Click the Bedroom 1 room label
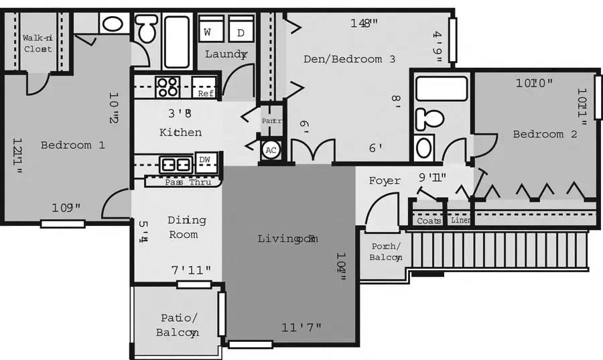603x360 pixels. pos(72,145)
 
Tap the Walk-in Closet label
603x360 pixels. pos(38,44)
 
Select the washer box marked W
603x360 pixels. pos(208,32)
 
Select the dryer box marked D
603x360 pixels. pos(241,32)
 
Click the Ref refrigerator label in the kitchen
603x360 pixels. pos(205,94)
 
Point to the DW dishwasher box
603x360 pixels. pos(205,160)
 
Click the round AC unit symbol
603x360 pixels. pos(271,150)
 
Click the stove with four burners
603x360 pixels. pos(167,87)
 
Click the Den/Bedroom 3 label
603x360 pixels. pos(349,59)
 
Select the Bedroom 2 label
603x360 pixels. pos(545,134)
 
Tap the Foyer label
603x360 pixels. pos(385,181)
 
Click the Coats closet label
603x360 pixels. pos(429,221)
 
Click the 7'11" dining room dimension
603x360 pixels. pos(191,270)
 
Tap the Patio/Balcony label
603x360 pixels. pos(178,325)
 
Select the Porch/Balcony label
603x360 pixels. pos(386,251)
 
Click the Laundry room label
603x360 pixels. pos(226,54)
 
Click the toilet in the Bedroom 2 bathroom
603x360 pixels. pos(429,119)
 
